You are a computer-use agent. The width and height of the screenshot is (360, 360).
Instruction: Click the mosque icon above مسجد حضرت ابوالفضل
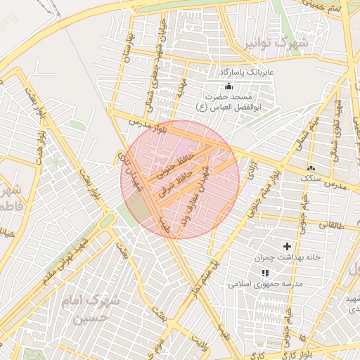[x=228, y=86]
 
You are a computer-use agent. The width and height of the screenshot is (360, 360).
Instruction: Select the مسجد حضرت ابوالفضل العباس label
[x=236, y=101]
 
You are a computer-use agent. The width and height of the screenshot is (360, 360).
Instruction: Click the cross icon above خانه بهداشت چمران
[x=287, y=246]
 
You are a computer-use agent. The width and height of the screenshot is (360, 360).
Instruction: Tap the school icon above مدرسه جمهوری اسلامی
[x=264, y=273]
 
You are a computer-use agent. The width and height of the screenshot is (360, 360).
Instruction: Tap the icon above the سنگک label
[x=310, y=169]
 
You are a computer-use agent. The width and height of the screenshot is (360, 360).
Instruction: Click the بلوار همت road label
[x=81, y=190]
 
